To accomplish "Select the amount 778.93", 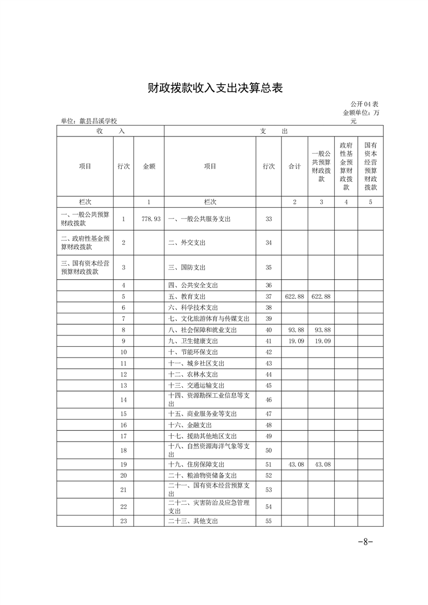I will [149, 219].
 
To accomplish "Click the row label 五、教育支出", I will [187, 297].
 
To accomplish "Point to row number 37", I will [268, 297].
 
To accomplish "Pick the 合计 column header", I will [294, 167].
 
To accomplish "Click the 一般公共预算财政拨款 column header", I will [321, 167].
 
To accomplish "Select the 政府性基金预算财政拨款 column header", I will [346, 167].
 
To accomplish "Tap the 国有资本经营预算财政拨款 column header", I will [370, 167].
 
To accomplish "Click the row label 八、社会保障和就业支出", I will [202, 329].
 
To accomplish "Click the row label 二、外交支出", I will [187, 243].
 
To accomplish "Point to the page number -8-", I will [365, 542].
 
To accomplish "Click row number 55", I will [268, 521].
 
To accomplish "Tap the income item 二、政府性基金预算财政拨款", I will [86, 243].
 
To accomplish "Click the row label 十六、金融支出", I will [187, 425].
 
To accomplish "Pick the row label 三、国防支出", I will [187, 267].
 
